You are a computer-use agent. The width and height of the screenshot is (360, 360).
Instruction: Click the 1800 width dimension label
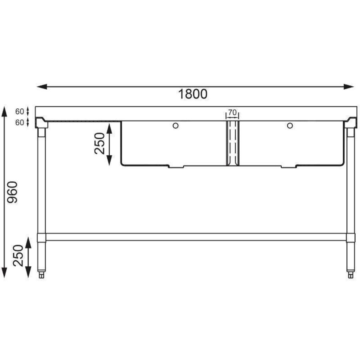tap(193, 94)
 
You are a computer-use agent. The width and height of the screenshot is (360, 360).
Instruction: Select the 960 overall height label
tap(13, 192)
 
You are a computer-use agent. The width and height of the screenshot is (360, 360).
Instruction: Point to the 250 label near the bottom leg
tap(18, 256)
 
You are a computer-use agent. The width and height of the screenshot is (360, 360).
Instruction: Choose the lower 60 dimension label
tap(19, 122)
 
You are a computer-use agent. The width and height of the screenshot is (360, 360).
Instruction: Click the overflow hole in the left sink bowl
tap(175, 126)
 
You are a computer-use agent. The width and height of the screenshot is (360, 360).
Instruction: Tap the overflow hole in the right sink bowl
tap(289, 126)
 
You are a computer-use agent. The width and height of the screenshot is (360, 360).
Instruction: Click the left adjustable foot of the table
tap(42, 274)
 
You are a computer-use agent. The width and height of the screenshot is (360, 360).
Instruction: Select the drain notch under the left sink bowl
tap(176, 166)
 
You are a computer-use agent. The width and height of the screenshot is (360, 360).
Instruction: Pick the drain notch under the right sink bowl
tap(289, 166)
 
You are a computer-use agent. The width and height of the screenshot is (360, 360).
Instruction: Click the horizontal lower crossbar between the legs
tap(196, 237)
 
